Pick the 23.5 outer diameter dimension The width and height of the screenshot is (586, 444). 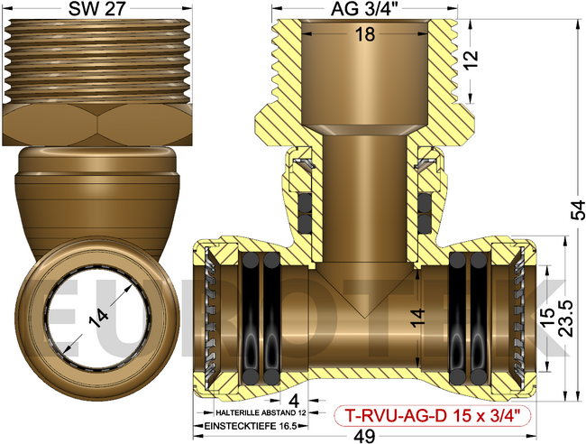pos(564,320)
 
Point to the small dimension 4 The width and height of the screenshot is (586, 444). pos(295,397)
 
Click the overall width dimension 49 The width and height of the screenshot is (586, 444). pos(365,434)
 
